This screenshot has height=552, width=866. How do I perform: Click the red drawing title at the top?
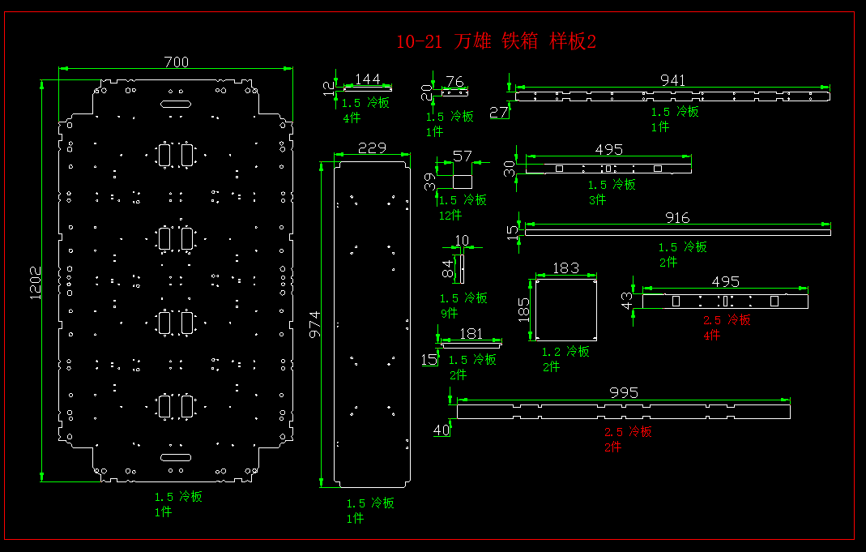pos(496,41)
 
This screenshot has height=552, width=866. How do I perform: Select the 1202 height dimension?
pos(36,283)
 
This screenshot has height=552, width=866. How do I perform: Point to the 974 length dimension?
pos(314,324)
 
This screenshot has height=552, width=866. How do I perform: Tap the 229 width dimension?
pos(372,148)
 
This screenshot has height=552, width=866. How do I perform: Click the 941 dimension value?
pos(672,80)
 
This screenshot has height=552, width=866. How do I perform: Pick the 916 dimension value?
pos(676,217)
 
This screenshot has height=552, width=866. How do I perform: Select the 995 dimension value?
pos(624,392)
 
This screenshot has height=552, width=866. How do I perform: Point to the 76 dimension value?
pos(455,81)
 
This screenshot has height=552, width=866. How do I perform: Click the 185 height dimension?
pos(524,309)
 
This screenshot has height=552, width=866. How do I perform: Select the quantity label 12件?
pos(450,215)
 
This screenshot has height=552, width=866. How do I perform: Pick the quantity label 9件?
pos(450,313)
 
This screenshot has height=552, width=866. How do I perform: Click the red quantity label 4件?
pos(711,335)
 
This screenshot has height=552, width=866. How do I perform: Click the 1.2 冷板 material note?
pos(565,352)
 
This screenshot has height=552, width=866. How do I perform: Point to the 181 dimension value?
pos(471,333)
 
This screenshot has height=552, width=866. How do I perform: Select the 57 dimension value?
pos(462,156)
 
